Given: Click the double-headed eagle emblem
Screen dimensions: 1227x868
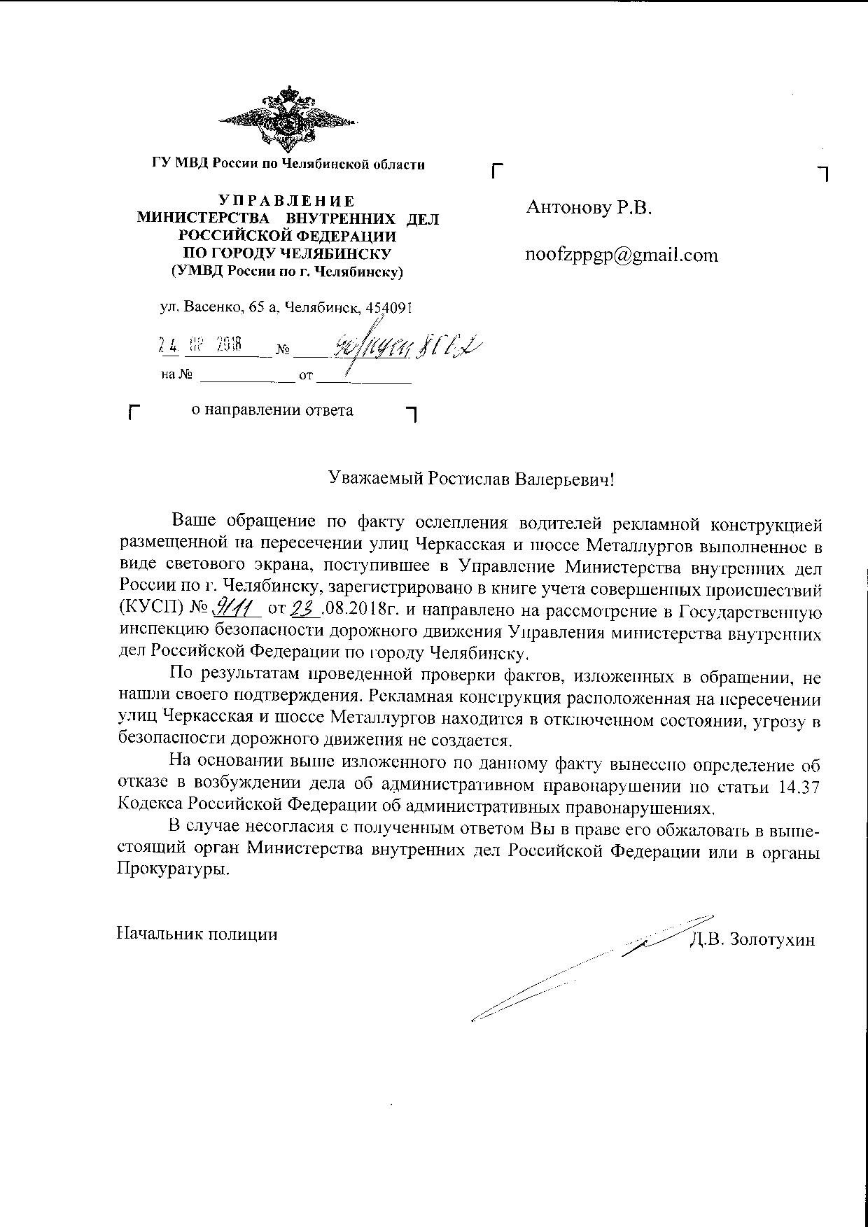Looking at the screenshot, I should [288, 121].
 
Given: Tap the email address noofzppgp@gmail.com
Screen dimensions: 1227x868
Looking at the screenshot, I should [622, 255].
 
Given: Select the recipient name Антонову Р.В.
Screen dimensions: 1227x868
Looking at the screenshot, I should [589, 207].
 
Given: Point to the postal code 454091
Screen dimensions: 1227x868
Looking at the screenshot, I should [393, 308].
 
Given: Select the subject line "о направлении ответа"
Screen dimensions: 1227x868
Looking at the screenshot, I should [272, 410].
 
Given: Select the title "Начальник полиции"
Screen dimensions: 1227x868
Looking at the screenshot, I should [197, 934].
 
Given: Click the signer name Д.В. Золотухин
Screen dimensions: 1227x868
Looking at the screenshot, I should [752, 939].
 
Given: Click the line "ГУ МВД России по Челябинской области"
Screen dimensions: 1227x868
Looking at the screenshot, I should [288, 164].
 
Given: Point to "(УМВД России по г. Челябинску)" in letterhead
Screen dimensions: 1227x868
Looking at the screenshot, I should [288, 271].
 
